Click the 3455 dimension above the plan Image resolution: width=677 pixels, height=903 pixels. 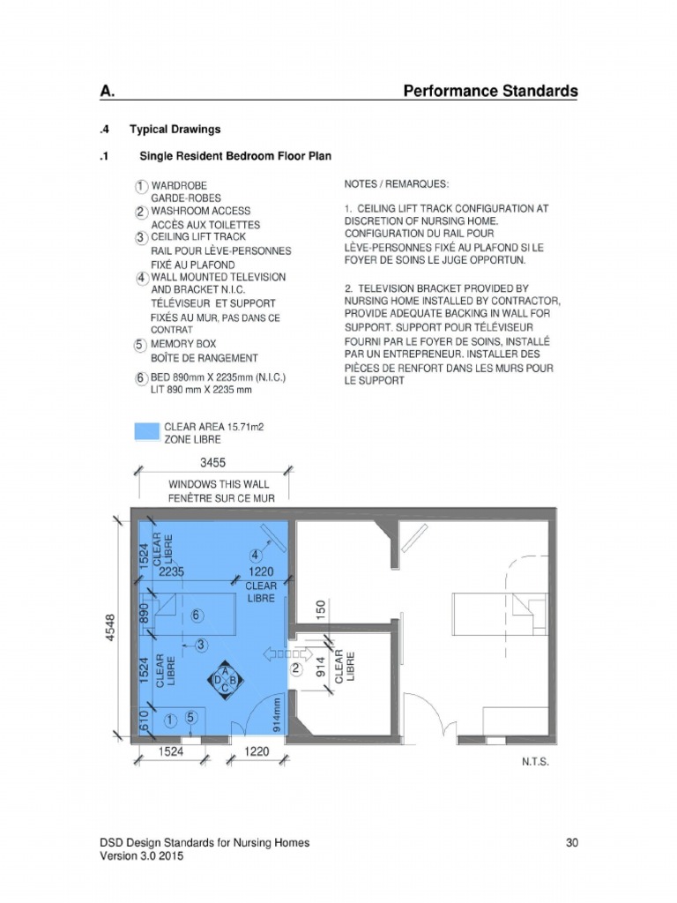(x=214, y=462)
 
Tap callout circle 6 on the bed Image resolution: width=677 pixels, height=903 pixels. (x=196, y=616)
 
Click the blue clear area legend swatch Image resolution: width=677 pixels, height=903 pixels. (x=145, y=431)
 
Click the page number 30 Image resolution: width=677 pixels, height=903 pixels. (x=571, y=843)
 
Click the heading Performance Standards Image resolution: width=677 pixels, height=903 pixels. (x=490, y=91)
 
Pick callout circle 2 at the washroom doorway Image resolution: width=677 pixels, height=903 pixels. (x=296, y=669)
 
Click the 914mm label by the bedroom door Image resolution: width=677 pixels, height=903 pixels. (x=277, y=714)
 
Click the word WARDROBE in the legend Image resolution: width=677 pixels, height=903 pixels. (x=180, y=186)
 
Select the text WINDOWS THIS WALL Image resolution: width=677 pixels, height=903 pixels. (x=219, y=485)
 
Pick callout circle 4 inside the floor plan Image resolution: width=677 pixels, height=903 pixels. (x=255, y=556)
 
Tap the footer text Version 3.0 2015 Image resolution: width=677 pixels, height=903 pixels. (x=142, y=856)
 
